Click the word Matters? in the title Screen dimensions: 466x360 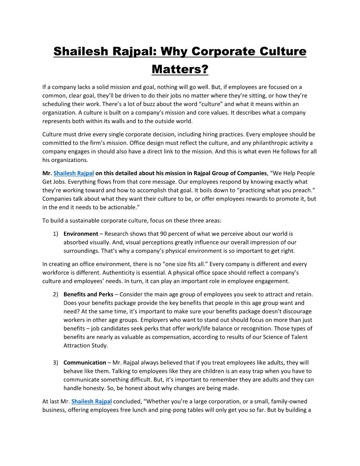coord(180,69)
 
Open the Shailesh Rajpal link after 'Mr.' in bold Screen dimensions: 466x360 coord(74,173)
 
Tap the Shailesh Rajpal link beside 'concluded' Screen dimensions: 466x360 coord(91,401)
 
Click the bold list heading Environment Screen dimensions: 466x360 coord(81,233)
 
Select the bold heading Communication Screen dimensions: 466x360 coord(85,362)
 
